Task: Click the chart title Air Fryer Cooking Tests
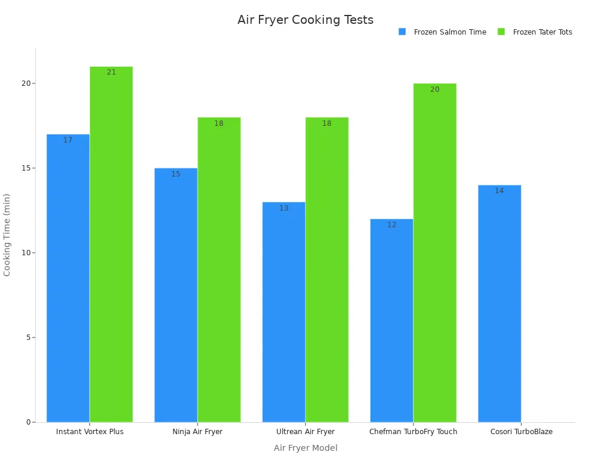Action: click(305, 20)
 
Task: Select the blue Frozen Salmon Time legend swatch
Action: click(402, 32)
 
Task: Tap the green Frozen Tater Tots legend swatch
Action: click(501, 32)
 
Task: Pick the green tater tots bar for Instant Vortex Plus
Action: click(111, 245)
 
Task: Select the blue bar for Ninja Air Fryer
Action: click(176, 295)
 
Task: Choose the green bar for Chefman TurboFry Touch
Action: click(434, 253)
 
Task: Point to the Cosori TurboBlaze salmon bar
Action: click(499, 304)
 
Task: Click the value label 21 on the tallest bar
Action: click(112, 72)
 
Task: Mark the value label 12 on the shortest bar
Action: click(391, 225)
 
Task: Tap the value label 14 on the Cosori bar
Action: click(499, 191)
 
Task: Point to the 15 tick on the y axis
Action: click(26, 168)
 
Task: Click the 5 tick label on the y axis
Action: click(27, 338)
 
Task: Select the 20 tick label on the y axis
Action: click(26, 83)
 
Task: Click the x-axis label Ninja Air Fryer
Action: click(198, 432)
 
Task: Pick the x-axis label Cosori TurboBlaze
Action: click(521, 432)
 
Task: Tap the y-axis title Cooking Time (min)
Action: click(7, 234)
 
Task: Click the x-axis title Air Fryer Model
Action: click(305, 448)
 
